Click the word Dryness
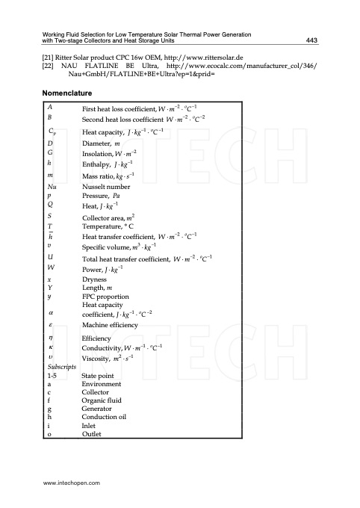pos(95,278)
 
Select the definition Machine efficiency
pos(111,326)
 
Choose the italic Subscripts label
pos(59,367)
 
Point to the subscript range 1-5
pos(52,375)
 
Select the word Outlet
pos(91,434)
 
